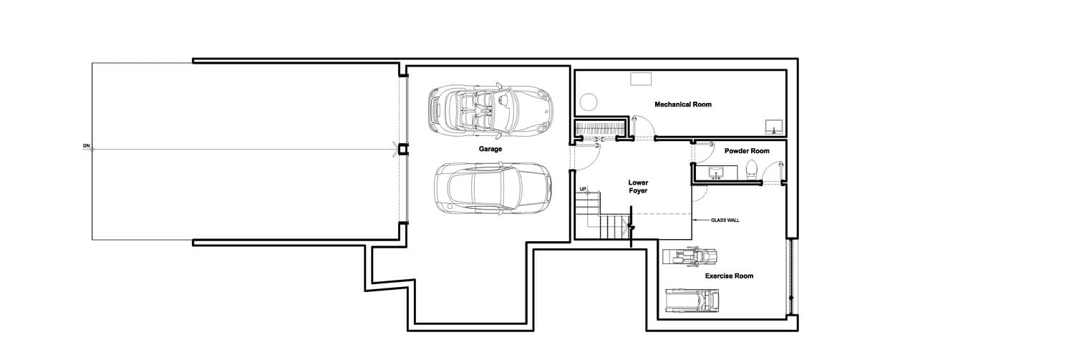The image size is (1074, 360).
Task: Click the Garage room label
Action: click(490, 149)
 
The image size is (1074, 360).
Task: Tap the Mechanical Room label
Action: click(683, 104)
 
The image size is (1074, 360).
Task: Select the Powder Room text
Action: click(747, 151)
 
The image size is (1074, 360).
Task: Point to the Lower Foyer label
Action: click(638, 187)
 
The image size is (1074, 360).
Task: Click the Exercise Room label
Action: click(729, 276)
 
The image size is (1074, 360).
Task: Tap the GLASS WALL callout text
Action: click(725, 220)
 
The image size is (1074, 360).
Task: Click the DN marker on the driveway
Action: click(87, 145)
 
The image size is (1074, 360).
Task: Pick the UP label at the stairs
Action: click(583, 189)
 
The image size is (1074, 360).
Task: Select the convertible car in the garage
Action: click(490, 109)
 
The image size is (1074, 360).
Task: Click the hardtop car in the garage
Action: click(493, 188)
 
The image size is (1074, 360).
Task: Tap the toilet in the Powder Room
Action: click(751, 170)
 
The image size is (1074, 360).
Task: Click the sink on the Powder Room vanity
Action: click(716, 172)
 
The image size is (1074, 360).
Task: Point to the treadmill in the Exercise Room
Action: click(692, 301)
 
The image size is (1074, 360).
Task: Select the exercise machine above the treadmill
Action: click(690, 256)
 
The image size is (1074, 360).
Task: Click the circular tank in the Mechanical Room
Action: click(588, 102)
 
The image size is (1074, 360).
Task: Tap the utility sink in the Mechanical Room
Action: click(773, 127)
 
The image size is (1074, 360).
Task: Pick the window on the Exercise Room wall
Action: click(790, 277)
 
